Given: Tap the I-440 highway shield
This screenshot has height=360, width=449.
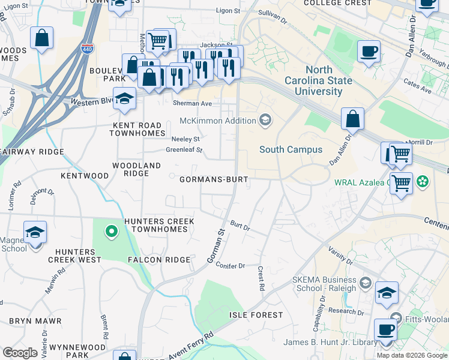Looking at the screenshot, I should tap(88, 49).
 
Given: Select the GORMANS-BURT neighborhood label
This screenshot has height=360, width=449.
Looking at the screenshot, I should tap(214, 179).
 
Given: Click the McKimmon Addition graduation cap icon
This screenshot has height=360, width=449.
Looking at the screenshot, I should tap(265, 121).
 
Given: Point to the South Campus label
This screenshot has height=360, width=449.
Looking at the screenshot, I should tap(291, 149).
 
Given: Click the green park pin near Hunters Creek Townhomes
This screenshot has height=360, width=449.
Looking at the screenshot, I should tap(110, 230).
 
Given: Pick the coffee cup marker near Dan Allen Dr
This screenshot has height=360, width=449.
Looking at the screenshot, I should tap(369, 52).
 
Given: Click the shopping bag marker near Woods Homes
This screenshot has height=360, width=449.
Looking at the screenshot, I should tap(43, 38).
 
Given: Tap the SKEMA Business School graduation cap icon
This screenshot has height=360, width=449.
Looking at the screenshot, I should tap(366, 282).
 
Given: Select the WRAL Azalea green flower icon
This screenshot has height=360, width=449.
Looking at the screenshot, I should tap(423, 180).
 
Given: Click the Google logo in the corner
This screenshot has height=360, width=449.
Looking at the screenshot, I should tap(20, 353).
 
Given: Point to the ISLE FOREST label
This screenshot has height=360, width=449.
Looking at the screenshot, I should tap(256, 315).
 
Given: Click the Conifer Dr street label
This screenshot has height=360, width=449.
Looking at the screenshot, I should tap(231, 265).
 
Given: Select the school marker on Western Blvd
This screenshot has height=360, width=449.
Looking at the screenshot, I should tap(124, 100).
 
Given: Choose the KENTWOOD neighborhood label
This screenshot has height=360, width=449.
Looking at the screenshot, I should tap(85, 176).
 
